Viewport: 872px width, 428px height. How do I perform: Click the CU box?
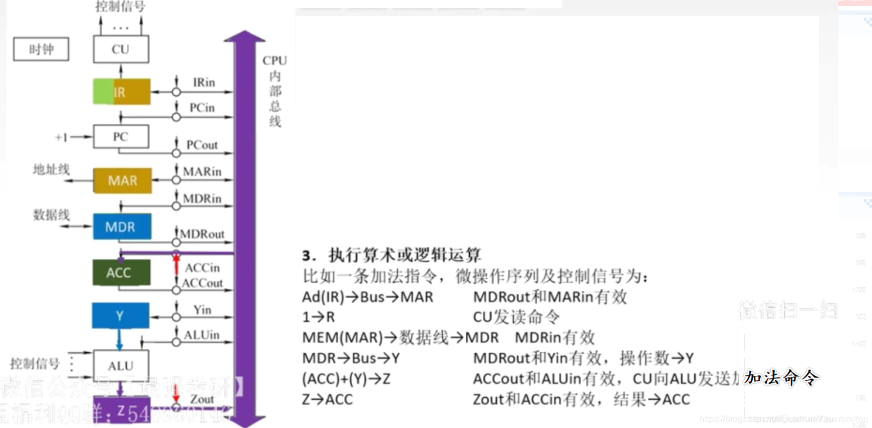[121, 49]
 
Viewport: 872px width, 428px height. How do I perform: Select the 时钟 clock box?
[41, 49]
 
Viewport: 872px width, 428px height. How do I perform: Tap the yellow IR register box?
[122, 92]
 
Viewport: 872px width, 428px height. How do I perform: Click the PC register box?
[121, 136]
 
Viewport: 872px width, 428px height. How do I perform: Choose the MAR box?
[122, 180]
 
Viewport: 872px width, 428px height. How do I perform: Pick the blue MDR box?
[122, 227]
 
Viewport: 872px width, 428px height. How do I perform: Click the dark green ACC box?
[121, 273]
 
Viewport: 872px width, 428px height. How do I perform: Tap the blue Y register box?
[120, 315]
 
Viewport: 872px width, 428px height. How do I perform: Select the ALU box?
[121, 365]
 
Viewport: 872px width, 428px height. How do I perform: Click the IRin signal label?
[204, 82]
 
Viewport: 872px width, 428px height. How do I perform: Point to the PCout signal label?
[202, 145]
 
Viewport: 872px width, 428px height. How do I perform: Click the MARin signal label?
[202, 171]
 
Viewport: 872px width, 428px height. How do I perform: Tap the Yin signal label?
[202, 310]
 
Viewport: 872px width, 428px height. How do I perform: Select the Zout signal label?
[202, 399]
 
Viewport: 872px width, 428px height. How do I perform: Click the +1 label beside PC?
[61, 137]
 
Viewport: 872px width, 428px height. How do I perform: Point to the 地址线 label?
[51, 169]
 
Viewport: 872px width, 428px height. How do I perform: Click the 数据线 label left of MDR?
[51, 215]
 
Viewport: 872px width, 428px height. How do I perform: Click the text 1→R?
[319, 317]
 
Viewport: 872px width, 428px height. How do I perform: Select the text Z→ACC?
[328, 399]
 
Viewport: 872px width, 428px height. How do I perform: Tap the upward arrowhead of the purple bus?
[244, 36]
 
